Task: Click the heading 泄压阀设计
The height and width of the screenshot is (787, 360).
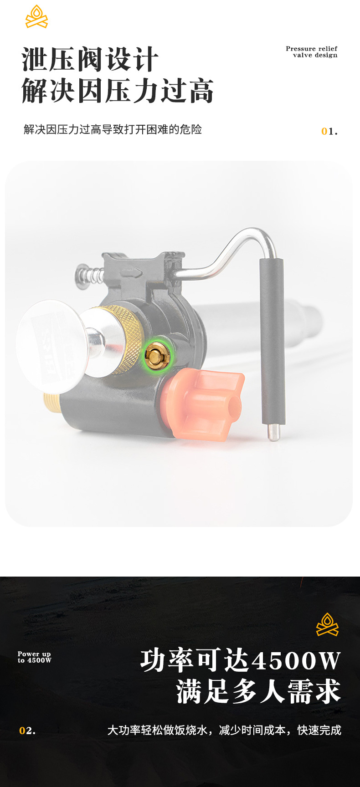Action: [x=90, y=59]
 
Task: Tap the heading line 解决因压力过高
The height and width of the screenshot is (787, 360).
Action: [x=118, y=90]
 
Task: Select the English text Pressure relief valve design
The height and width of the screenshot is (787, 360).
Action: [x=312, y=52]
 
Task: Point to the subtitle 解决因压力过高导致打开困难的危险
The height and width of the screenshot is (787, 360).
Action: [x=113, y=129]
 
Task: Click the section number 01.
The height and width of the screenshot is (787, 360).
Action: [x=329, y=132]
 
